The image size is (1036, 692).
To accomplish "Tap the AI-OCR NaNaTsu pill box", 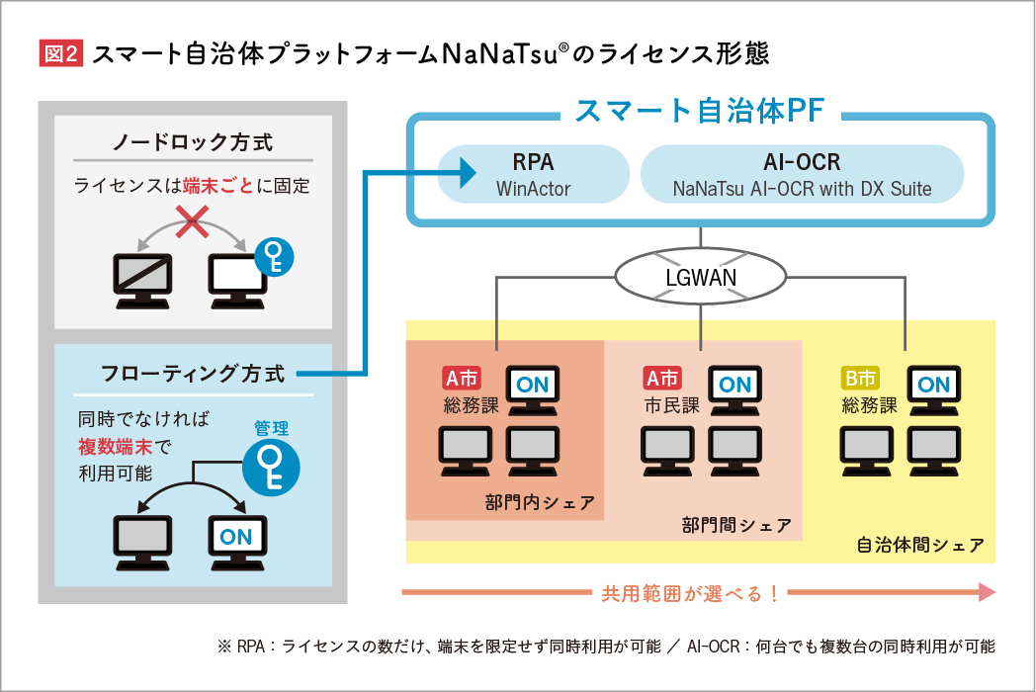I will pyautogui.click(x=802, y=173).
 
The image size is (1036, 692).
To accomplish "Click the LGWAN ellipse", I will pyautogui.click(x=701, y=277).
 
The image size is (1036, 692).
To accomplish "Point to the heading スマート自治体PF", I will pyautogui.click(x=700, y=111).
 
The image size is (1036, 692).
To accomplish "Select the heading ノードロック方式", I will pyautogui.click(x=193, y=142).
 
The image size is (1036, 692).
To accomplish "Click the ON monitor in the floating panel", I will pyautogui.click(x=236, y=539).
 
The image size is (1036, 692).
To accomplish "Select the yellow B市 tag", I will pyautogui.click(x=860, y=379).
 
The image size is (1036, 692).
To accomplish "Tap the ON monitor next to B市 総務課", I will pyautogui.click(x=934, y=389).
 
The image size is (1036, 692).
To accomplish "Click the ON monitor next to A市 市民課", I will pyautogui.click(x=734, y=389).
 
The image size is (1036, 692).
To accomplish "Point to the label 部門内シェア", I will pyautogui.click(x=540, y=503).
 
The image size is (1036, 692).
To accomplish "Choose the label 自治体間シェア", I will pyautogui.click(x=919, y=546).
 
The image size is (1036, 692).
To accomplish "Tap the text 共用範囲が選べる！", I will pyautogui.click(x=690, y=593).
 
